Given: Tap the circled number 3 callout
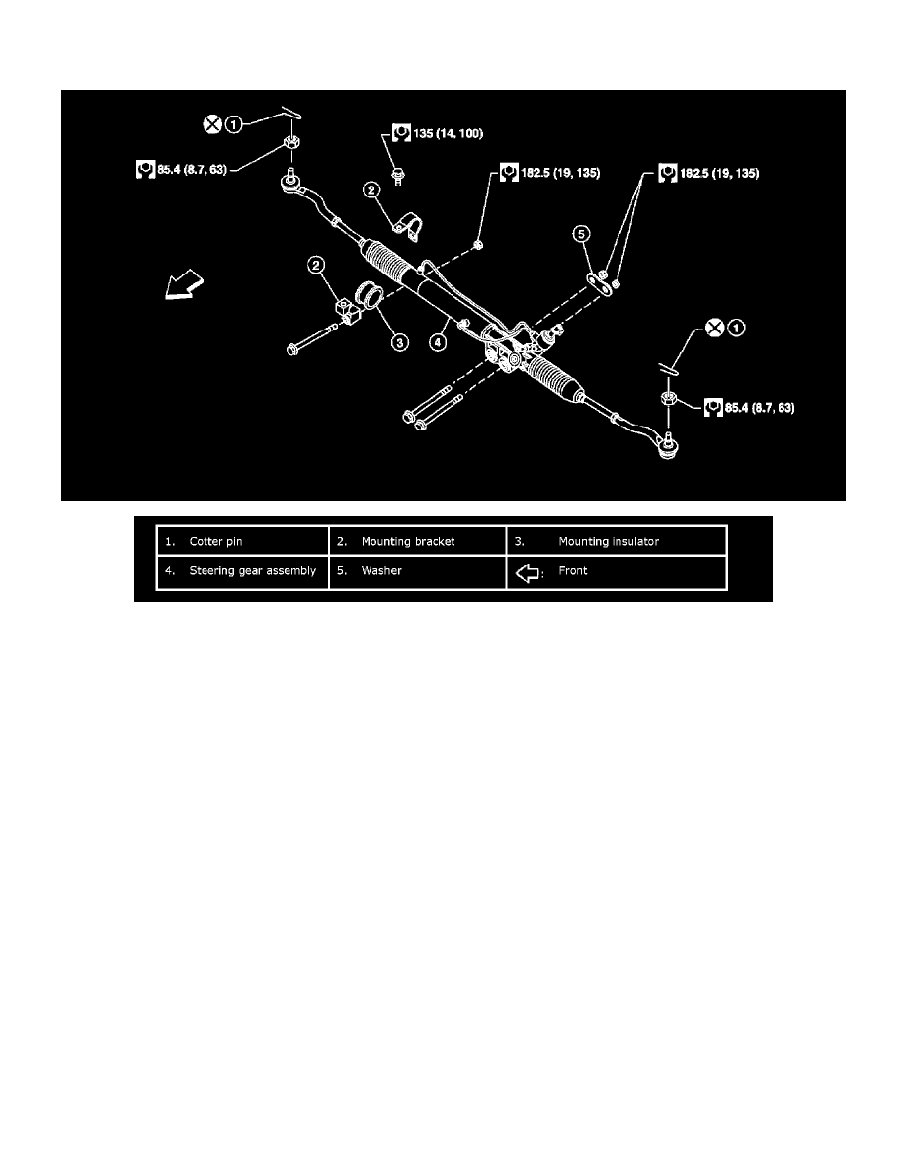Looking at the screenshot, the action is coord(400,342).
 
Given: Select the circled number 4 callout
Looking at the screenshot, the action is coord(438,342).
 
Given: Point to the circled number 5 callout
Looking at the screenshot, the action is coord(582,234).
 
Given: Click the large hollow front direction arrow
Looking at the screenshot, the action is coord(184,284).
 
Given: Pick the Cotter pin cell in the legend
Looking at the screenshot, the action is coord(242,541).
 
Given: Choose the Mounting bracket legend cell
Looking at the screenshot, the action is coord(418,541).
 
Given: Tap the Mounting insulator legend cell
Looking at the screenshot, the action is coord(616,541).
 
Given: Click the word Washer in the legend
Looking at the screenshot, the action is coord(381,570).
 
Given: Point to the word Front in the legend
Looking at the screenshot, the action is coord(573,570).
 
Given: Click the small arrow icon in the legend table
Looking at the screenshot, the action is coord(529,573).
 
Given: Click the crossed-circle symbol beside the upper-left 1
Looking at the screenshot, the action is coord(213,124).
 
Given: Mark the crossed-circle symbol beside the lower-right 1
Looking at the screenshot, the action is coord(715,327).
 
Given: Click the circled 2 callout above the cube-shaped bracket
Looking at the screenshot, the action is coord(316,265).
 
